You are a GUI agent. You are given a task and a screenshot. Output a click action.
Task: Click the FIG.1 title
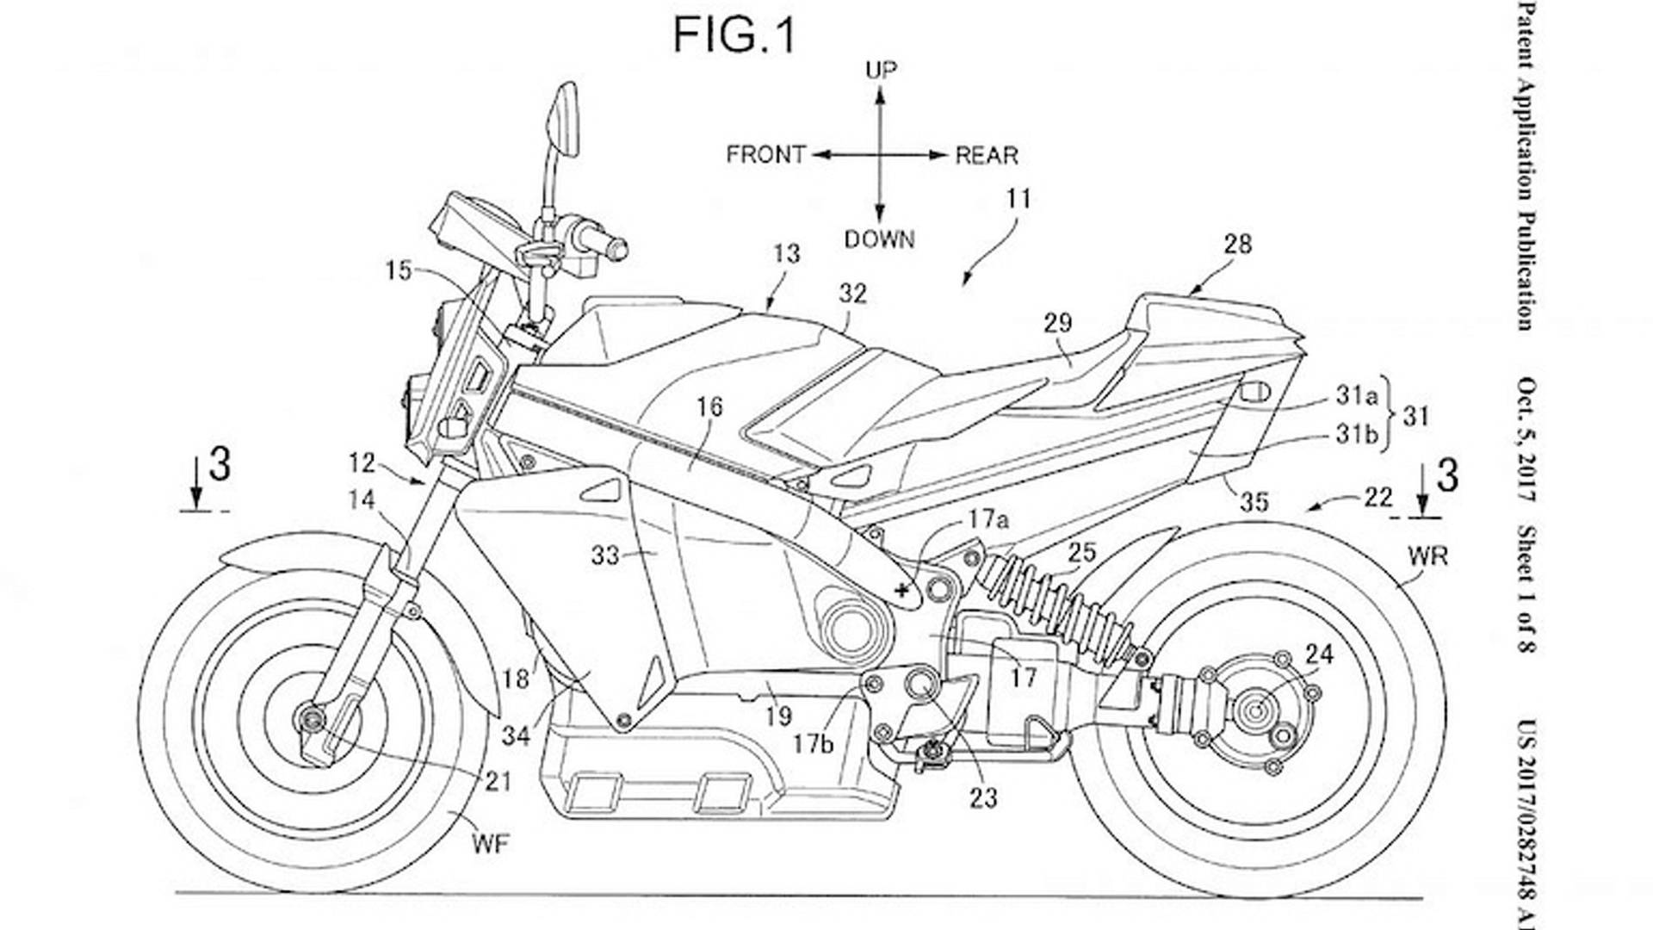pos(734,36)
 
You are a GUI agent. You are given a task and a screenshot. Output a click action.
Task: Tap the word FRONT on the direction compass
pos(765,155)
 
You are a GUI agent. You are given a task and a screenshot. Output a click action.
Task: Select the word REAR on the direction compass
pos(987,156)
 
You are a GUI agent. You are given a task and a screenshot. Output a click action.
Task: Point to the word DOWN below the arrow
pos(879,239)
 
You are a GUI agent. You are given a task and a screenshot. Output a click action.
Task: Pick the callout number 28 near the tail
pos(1237,245)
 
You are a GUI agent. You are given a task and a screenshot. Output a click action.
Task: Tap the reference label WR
pos(1427,556)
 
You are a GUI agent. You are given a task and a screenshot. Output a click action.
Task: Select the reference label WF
pos(491,843)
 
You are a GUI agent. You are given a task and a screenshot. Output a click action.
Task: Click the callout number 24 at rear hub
pos(1319,655)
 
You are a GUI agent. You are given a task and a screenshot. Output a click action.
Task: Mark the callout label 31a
pos(1357,395)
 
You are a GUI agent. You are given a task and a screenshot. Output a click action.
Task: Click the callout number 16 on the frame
pos(709,406)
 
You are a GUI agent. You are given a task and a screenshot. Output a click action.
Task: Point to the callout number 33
pos(605,555)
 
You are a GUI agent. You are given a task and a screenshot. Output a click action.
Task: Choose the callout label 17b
pos(814,743)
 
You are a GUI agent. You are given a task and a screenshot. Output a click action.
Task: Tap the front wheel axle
pos(308,718)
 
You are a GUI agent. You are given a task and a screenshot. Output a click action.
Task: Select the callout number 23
pos(983,798)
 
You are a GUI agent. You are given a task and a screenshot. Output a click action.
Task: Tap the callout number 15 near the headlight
pos(399,270)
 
